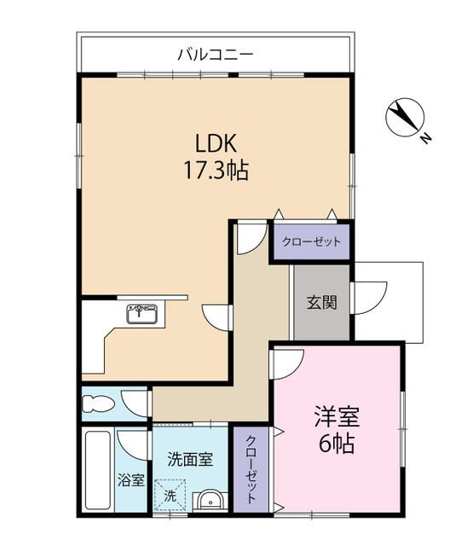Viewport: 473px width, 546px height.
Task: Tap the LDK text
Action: [x=216, y=142]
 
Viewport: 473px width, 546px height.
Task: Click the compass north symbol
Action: [x=403, y=119]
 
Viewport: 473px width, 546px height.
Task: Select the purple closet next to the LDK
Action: [x=311, y=241]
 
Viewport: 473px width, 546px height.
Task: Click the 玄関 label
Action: [x=321, y=302]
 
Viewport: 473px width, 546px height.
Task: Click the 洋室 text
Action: [x=337, y=418]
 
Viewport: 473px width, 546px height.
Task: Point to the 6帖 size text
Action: [x=337, y=444]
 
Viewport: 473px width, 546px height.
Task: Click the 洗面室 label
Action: [x=189, y=459]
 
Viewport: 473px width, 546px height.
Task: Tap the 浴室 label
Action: [x=130, y=480]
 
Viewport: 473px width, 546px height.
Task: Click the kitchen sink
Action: [x=142, y=315]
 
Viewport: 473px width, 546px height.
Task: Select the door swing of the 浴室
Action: [x=132, y=444]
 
